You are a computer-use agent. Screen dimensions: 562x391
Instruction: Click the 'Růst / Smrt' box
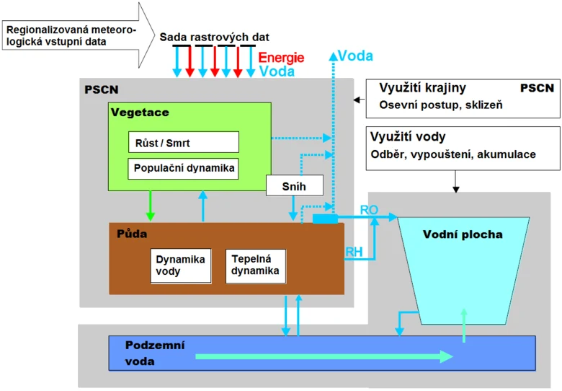(184, 142)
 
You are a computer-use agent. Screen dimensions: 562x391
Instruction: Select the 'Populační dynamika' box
(183, 169)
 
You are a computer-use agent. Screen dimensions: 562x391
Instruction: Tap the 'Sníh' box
(295, 185)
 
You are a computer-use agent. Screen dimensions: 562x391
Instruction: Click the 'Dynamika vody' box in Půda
(181, 265)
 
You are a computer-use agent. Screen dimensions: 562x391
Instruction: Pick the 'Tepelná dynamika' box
(256, 265)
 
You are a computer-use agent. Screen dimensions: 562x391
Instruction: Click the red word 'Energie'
(281, 58)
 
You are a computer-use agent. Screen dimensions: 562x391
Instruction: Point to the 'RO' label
(369, 210)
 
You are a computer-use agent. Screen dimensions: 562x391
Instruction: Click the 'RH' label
(354, 252)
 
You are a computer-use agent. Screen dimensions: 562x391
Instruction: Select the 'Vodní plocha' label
(463, 234)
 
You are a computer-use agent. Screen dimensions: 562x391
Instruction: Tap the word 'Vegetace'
(140, 113)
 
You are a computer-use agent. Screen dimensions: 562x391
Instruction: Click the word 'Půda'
(132, 234)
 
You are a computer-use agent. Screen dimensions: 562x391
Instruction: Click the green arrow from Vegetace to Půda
(150, 206)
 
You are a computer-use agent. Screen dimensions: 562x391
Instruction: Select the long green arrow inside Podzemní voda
(324, 356)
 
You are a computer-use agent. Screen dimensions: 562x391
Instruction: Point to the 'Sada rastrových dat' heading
(214, 38)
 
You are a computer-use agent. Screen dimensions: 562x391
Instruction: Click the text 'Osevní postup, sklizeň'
(441, 105)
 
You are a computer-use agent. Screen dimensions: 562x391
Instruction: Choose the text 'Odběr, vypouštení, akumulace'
(453, 154)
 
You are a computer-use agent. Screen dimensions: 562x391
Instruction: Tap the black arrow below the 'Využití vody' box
(455, 182)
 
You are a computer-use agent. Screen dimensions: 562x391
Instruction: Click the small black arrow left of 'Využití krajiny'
(360, 100)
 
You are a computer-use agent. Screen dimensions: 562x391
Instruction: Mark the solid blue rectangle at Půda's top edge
(325, 219)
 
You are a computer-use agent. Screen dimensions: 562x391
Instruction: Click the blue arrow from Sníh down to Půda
(293, 208)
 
